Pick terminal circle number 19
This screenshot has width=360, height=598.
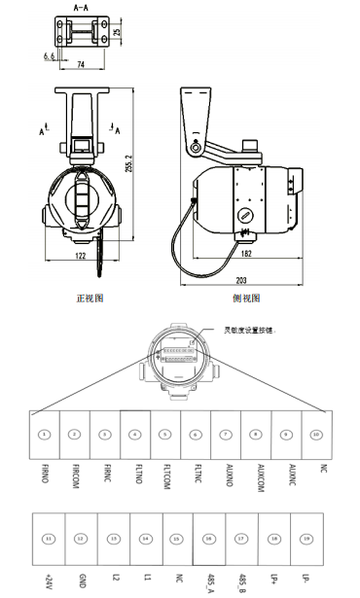(x=307, y=538)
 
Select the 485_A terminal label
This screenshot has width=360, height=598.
(x=210, y=580)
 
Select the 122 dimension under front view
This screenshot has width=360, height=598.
(x=81, y=255)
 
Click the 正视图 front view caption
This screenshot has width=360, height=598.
(x=90, y=298)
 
